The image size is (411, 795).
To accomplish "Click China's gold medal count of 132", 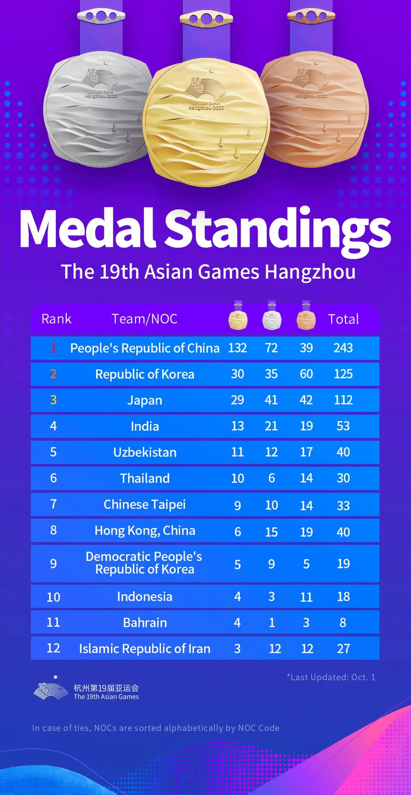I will [237, 348].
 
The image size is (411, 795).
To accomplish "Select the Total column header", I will [343, 319].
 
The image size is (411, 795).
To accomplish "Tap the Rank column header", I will [56, 319].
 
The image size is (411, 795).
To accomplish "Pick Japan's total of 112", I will [343, 400].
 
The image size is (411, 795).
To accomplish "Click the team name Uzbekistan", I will [145, 452].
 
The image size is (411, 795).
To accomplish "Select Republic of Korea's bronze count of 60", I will [306, 374].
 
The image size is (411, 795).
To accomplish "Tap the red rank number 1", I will [53, 348].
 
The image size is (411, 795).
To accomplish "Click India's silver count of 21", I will [271, 426].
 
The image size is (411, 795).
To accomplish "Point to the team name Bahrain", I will [145, 623].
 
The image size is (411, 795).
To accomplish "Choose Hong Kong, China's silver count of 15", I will [271, 532].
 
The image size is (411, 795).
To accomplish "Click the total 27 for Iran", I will [343, 649].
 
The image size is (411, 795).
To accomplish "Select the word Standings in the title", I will [278, 229].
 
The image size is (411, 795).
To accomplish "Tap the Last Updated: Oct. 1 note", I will [331, 677].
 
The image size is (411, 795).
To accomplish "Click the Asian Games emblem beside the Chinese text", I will [50, 689].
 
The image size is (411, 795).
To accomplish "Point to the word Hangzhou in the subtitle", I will [310, 272].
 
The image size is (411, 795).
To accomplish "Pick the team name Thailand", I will [145, 478].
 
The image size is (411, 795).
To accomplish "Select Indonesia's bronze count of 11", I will [306, 597].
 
